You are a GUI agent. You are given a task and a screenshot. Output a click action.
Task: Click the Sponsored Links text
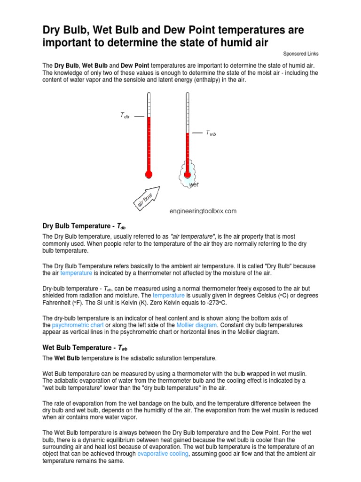[x=300, y=54]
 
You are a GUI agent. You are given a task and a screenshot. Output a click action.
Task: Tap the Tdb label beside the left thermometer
[x=125, y=115]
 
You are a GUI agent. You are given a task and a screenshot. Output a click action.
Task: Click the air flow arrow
[x=147, y=197]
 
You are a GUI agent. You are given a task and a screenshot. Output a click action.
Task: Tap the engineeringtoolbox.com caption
[x=203, y=211]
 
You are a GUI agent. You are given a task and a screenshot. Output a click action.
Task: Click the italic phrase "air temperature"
[x=193, y=236]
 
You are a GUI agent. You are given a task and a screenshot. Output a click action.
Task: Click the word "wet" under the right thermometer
[x=194, y=185]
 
